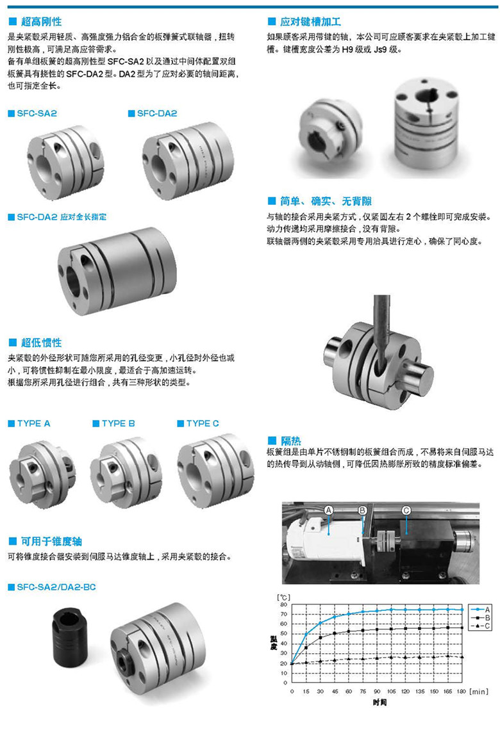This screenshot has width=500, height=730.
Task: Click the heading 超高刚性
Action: point(41,21)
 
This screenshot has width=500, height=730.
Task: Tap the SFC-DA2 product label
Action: point(157,113)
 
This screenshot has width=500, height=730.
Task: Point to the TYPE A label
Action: point(33,423)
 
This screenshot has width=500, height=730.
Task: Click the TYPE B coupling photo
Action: point(126,473)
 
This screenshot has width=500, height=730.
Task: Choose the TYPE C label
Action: point(202,423)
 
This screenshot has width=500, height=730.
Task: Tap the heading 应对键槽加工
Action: point(310,21)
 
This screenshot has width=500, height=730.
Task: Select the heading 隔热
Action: point(291,441)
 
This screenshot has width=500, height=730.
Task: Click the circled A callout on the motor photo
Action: point(328,510)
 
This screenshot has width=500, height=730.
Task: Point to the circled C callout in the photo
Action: point(406,510)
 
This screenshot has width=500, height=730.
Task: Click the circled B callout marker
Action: point(363,510)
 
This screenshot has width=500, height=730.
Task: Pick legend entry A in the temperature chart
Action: point(480,610)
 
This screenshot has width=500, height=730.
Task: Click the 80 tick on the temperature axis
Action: point(284,604)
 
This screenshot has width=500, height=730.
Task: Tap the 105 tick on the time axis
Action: point(392,692)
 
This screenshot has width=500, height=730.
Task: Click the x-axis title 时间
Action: point(379,702)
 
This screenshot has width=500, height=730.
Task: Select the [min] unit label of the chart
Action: point(479,692)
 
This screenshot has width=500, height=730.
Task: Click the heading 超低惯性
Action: point(41,343)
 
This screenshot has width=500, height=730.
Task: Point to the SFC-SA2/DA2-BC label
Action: point(56,587)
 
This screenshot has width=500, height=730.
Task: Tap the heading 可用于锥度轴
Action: point(51,542)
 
